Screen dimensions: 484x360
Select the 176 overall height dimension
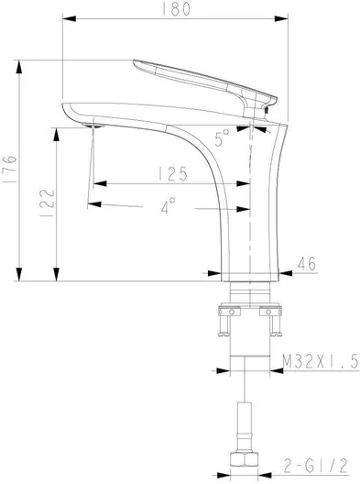[10, 170]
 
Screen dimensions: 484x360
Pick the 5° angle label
[221, 138]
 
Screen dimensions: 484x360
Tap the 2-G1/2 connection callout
[313, 466]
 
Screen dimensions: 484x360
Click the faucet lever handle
[197, 80]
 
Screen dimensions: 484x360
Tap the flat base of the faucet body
[249, 274]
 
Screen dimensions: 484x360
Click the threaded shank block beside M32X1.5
[249, 360]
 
